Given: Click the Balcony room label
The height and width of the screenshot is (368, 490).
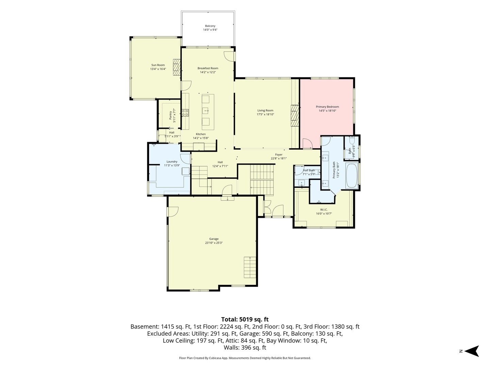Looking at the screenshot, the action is pos(210,26).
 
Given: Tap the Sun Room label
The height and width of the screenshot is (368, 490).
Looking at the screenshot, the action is pos(158,65).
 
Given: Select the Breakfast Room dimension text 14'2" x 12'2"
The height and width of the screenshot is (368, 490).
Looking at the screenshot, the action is pos(208,72).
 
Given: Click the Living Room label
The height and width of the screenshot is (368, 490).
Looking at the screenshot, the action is pos(265,110).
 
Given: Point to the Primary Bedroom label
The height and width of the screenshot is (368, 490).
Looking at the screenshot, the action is pos(327,107).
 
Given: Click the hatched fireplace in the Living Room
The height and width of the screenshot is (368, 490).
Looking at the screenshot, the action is pos(295,116).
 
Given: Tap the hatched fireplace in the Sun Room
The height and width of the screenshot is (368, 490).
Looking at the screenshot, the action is pos(177,67).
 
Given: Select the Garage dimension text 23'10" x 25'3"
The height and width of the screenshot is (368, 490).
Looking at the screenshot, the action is pos(214,243).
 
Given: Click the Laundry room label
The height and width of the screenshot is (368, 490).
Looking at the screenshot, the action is pos(172,162).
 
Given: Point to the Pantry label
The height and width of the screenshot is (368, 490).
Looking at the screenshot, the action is pos(170,116).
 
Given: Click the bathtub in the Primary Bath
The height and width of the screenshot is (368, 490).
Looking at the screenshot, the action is pos(352,176).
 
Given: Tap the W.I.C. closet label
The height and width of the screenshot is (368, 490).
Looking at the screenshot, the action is pos(324,210).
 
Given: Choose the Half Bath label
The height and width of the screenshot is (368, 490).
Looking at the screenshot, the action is pos(309,170).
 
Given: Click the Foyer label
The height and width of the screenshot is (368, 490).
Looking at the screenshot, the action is pos(279,155).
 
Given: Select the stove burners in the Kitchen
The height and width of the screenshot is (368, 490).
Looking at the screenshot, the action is pos(185,112).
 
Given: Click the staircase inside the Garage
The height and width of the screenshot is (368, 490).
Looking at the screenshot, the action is pos(250,267).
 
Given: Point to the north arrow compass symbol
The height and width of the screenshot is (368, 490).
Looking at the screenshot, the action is pos(472,351).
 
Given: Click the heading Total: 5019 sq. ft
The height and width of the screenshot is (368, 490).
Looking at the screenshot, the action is pos(245,319).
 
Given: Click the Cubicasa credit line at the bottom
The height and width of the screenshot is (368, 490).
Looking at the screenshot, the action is pos(245,358).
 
